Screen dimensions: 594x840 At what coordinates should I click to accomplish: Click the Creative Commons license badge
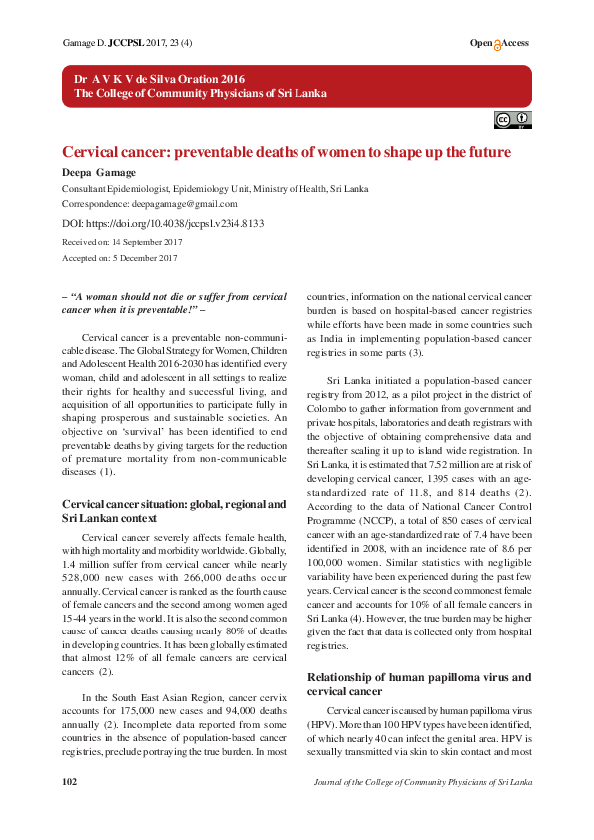[x=512, y=121]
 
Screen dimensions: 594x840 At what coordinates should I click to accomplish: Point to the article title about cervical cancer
[x=287, y=152]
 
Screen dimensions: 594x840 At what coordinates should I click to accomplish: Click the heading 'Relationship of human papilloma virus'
[x=418, y=678]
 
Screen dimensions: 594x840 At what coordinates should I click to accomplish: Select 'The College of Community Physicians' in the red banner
[x=200, y=94]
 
